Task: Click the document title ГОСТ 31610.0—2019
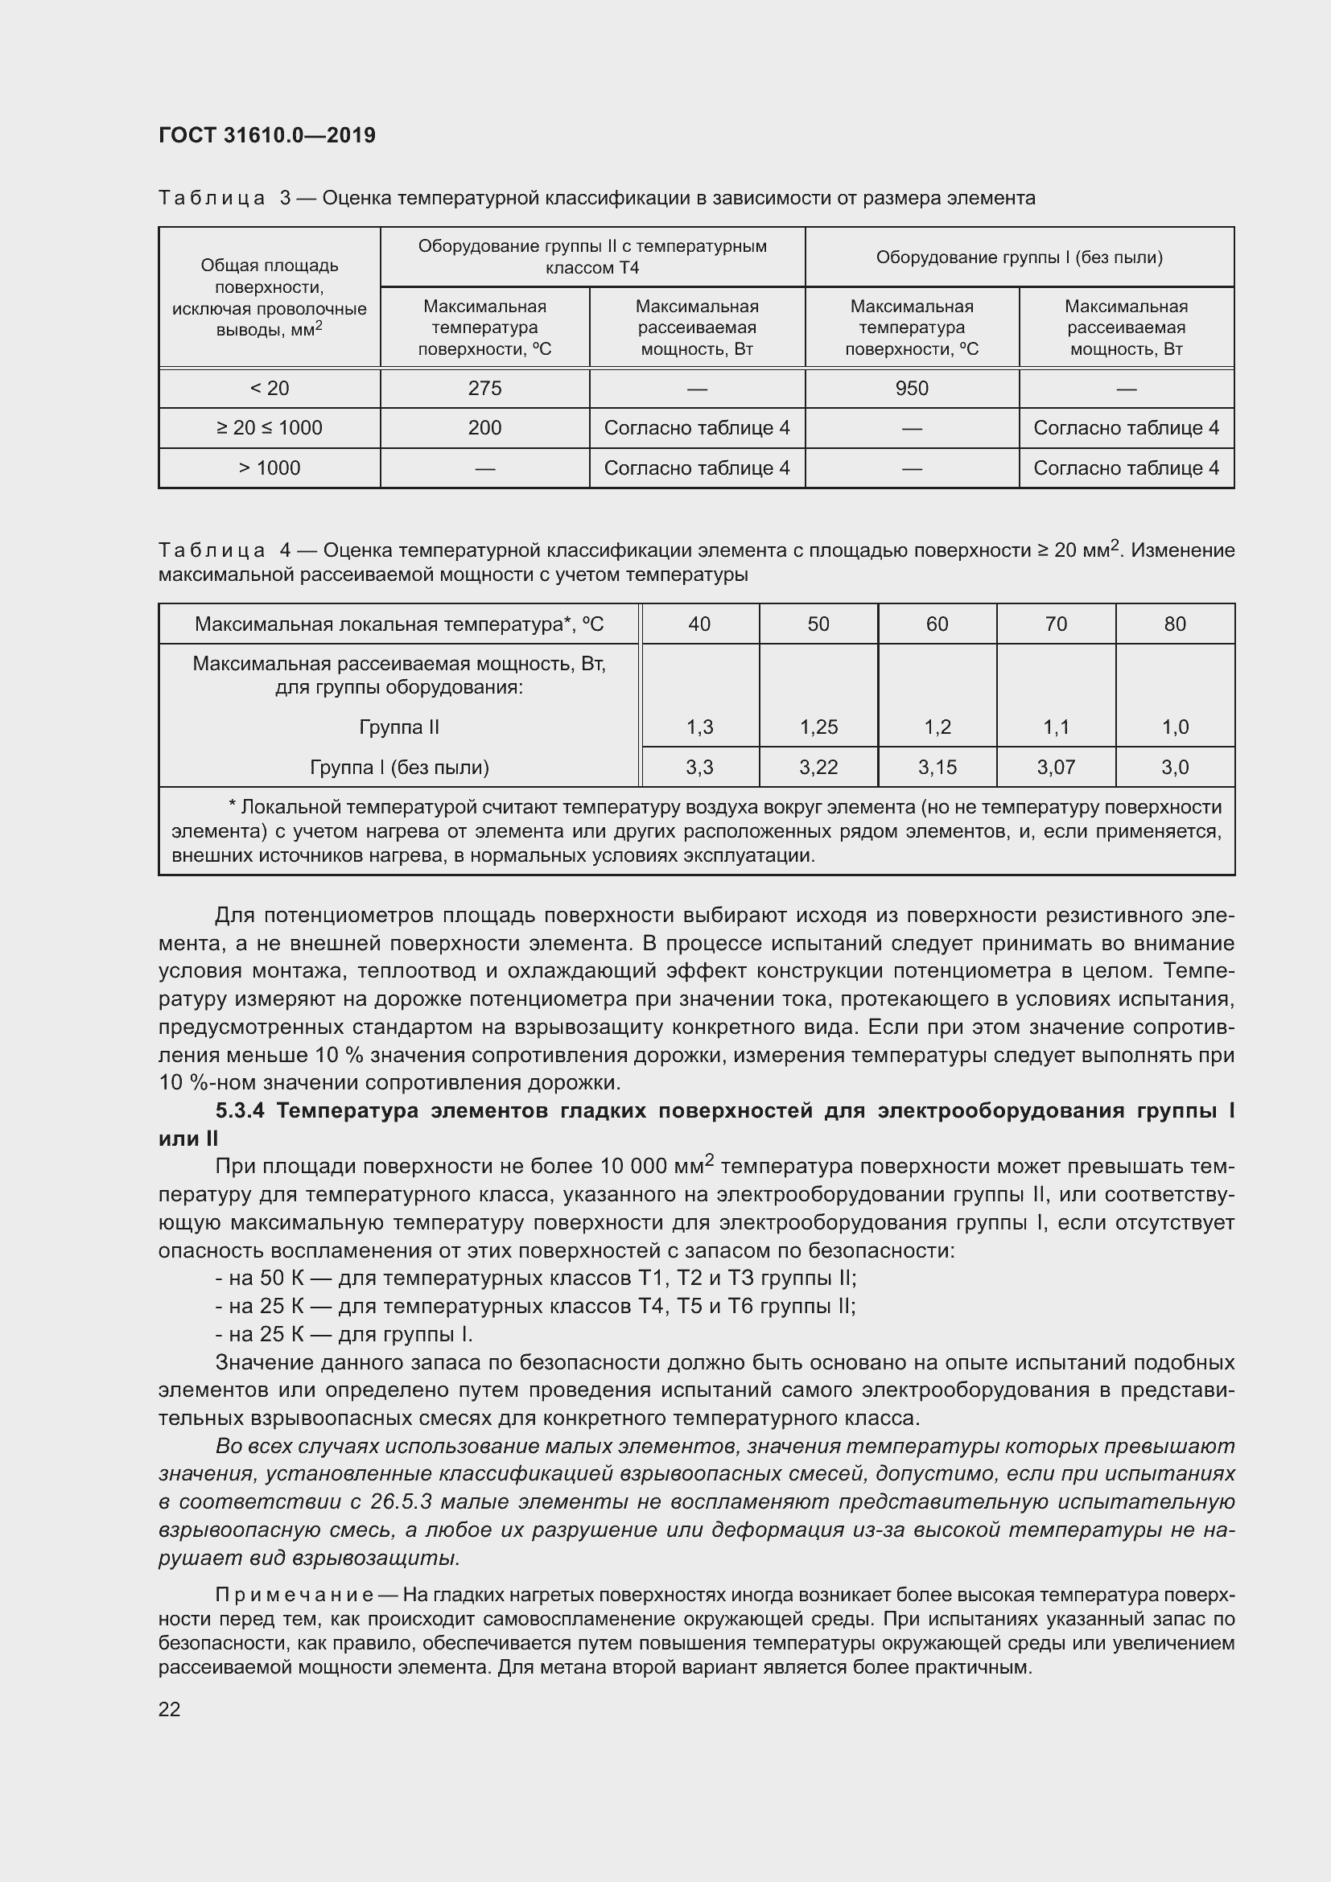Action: click(266, 135)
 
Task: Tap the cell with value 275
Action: click(484, 389)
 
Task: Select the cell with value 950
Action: click(912, 389)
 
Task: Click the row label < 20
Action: click(269, 389)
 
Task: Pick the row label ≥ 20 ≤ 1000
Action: click(269, 428)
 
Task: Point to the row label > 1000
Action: click(269, 468)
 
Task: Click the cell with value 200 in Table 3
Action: click(484, 428)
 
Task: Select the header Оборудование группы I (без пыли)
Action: click(1019, 257)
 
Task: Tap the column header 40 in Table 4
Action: click(699, 624)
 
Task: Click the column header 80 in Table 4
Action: click(1174, 624)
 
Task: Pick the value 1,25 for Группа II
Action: click(818, 727)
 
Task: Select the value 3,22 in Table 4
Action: click(818, 768)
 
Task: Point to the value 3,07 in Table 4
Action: click(1056, 768)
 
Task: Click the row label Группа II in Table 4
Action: click(399, 727)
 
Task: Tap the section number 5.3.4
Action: click(241, 1111)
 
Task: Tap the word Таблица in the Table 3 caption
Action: click(212, 199)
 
